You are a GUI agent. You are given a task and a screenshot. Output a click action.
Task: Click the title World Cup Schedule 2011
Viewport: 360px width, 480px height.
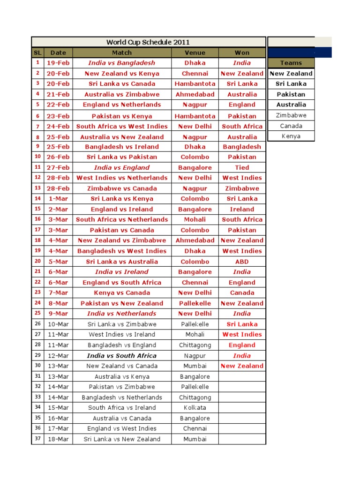[148, 42]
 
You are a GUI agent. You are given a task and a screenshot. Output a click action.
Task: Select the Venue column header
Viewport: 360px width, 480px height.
[195, 52]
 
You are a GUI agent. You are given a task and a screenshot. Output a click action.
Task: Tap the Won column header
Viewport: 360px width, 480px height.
[242, 52]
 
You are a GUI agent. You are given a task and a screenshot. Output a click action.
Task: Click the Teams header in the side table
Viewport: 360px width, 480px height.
[291, 63]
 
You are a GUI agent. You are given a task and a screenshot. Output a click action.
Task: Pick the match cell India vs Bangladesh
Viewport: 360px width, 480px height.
[121, 63]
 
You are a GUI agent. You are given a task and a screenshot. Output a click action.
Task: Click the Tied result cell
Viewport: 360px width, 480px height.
[242, 167]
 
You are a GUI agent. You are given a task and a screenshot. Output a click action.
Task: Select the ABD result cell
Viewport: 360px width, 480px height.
[242, 262]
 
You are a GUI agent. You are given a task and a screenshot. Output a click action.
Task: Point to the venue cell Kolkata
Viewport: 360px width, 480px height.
[195, 408]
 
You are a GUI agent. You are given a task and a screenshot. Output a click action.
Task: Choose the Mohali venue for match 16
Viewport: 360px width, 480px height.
[195, 219]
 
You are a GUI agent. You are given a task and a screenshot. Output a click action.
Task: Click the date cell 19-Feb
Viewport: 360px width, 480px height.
[58, 63]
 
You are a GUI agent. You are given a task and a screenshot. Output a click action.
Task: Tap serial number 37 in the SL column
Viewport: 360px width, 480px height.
[37, 439]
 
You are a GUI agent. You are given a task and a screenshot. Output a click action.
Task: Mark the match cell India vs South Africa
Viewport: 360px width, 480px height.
[121, 356]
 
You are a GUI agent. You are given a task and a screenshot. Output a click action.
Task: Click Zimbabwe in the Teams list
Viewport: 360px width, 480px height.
[291, 115]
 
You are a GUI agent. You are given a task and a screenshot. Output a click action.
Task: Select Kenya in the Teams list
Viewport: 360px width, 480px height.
[291, 136]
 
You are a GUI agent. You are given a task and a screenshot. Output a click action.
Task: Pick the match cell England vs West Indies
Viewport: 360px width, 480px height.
[121, 428]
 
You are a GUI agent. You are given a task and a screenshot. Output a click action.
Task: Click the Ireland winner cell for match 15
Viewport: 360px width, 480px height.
[242, 210]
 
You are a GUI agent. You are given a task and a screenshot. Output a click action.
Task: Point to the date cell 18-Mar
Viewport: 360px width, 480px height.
[58, 439]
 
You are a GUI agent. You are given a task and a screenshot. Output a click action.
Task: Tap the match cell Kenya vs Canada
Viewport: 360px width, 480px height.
[121, 293]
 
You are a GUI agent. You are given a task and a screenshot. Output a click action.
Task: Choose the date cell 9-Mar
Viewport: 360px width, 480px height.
[58, 314]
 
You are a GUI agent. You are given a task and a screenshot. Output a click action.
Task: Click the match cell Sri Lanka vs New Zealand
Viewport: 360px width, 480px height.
[121, 439]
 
